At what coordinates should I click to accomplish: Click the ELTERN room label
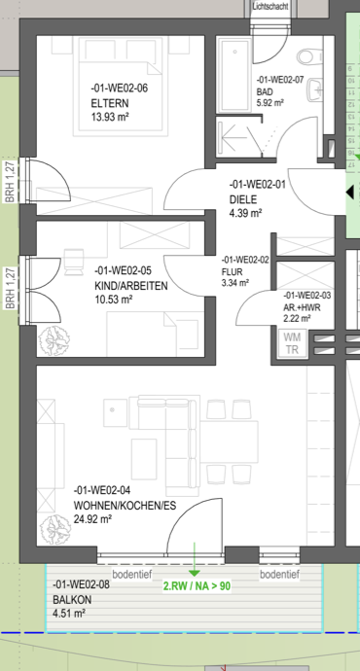tap(110, 103)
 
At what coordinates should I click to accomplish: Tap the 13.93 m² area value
tap(111, 117)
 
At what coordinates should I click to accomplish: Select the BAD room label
tap(265, 92)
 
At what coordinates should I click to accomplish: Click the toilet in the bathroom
tap(309, 56)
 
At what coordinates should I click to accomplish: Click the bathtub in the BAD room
tap(234, 74)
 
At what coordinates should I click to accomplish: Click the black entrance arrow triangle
tap(349, 193)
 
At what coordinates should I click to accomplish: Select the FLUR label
tap(232, 271)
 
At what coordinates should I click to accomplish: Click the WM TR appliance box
tap(292, 342)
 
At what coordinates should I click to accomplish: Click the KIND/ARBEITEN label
tap(131, 286)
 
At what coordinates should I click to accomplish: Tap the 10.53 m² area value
tap(114, 299)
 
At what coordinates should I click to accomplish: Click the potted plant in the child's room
tap(54, 339)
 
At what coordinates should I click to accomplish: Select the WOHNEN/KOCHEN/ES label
tap(125, 506)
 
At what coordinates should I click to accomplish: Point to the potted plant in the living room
tap(55, 530)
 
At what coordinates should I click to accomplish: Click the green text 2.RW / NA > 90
tap(197, 585)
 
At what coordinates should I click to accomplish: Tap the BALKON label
tap(72, 600)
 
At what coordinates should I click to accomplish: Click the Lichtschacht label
tap(270, 7)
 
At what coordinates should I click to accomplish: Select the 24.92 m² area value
tap(92, 519)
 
